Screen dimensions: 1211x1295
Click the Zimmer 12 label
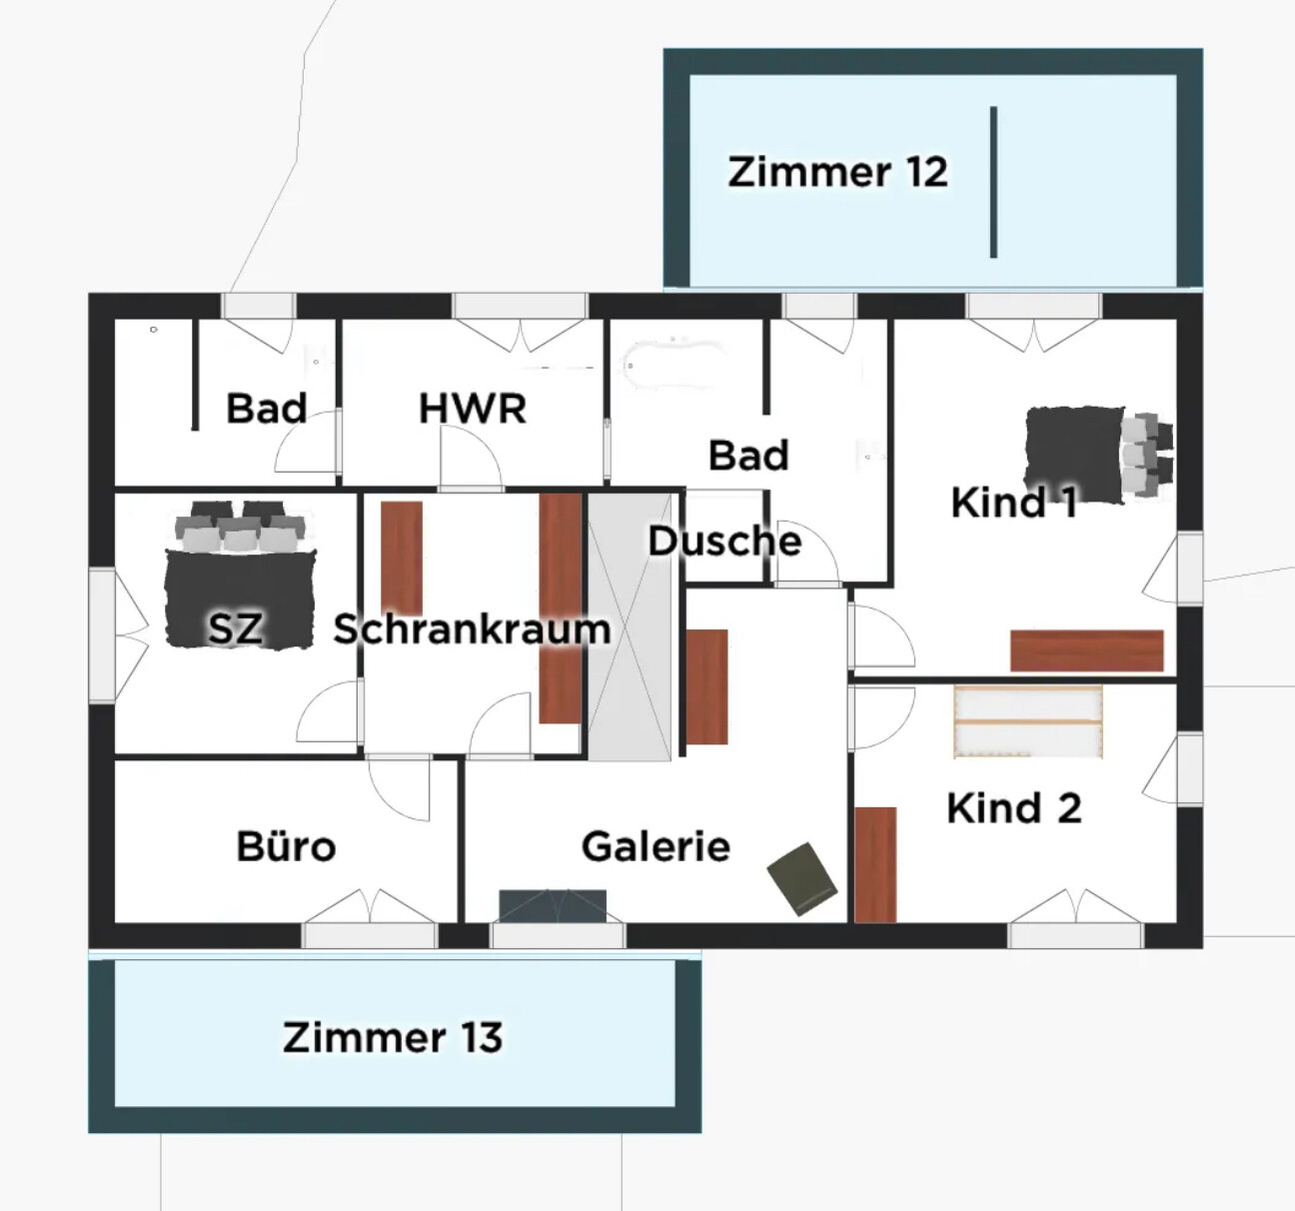tap(837, 172)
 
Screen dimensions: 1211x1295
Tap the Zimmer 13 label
tap(392, 1037)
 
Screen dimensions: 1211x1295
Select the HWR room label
tap(472, 408)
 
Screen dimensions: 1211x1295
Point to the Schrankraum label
tap(472, 629)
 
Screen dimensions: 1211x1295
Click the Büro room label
tap(286, 846)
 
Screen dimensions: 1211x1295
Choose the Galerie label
tap(655, 846)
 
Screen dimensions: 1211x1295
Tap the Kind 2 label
tap(1013, 807)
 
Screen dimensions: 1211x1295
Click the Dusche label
tap(724, 542)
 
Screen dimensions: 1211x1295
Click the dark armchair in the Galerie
tap(802, 878)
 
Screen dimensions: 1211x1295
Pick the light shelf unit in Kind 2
tap(1028, 721)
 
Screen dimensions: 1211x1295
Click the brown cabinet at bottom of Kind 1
tap(1087, 650)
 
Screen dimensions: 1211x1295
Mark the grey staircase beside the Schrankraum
tap(630, 625)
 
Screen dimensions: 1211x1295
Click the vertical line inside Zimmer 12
tap(993, 182)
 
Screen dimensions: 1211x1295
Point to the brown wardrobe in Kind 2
tap(875, 864)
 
